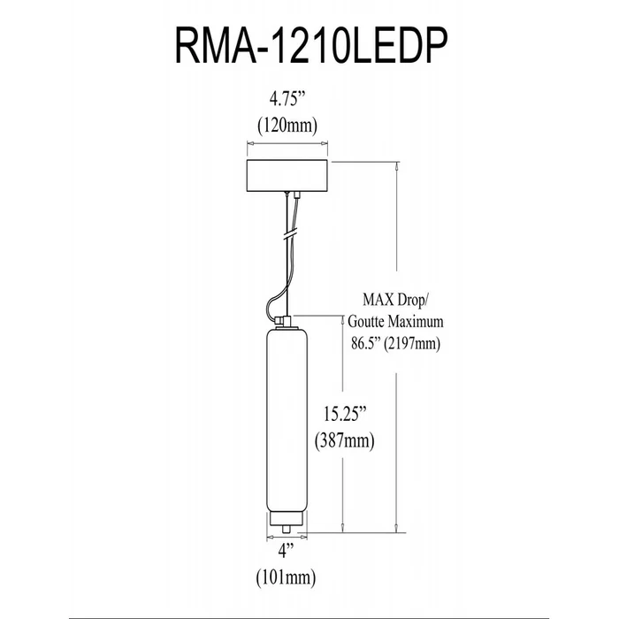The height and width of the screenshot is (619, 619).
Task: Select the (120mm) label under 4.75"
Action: coord(287,126)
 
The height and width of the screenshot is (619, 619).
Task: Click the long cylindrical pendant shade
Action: coord(287,416)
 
